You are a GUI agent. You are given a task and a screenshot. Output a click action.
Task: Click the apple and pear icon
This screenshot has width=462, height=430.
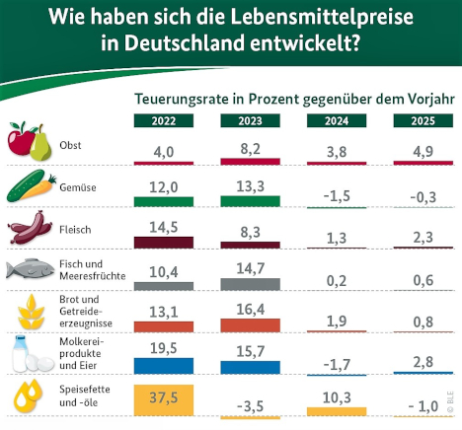[30, 144]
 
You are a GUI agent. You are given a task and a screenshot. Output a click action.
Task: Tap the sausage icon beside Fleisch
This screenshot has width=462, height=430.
[31, 229]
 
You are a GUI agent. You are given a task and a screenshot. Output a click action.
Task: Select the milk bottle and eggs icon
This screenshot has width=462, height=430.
[30, 354]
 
